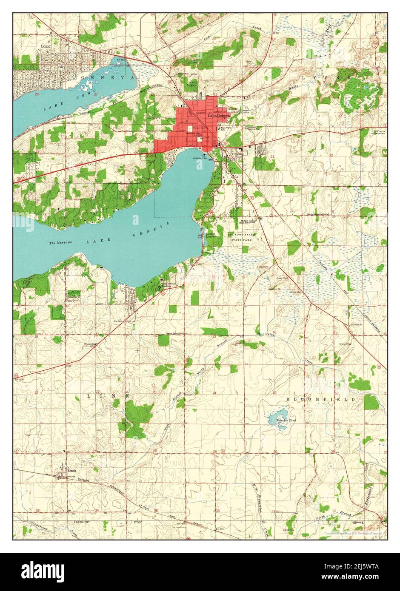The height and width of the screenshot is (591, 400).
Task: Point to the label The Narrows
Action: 59,243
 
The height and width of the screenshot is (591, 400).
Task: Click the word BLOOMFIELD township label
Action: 320,400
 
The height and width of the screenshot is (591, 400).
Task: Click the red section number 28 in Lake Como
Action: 37,94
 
